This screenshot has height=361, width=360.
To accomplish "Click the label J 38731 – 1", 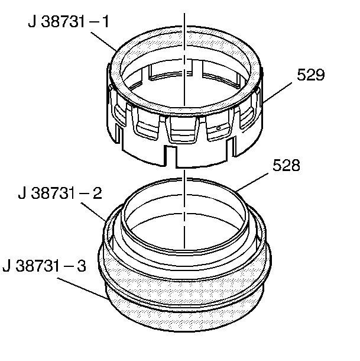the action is click(x=69, y=22).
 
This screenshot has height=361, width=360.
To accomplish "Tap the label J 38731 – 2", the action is click(x=60, y=193).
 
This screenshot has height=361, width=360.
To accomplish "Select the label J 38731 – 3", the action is click(x=44, y=266).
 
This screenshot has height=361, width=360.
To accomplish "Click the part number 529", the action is click(x=310, y=75).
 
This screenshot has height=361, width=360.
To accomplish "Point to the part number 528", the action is click(x=286, y=165).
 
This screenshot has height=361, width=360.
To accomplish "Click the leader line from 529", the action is click(x=277, y=92).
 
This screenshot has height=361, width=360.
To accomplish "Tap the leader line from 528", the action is click(x=252, y=182).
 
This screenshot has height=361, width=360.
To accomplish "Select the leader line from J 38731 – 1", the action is click(x=104, y=41).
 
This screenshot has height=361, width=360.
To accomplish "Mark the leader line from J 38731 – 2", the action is click(x=93, y=212).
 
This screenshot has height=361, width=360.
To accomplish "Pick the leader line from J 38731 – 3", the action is click(x=82, y=288).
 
